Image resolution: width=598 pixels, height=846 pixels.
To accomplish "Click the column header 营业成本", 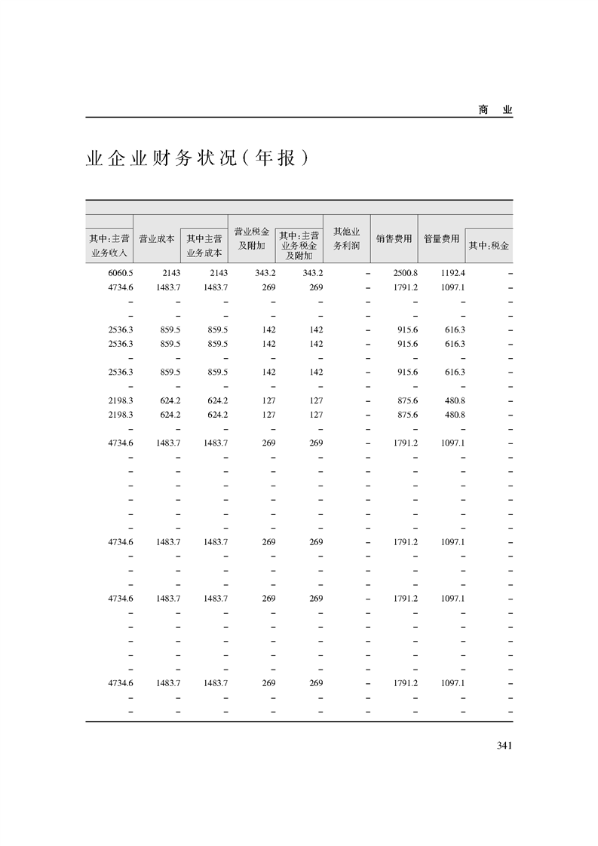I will point(157,238).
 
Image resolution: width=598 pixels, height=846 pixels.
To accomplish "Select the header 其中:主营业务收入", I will point(109,246).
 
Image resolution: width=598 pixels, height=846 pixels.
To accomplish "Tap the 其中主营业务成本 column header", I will point(204,246).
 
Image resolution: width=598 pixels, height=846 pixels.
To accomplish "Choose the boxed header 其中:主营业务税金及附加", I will point(299,245).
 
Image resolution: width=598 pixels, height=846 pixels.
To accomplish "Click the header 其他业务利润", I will point(346,238).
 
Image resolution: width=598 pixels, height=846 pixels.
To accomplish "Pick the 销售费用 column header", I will point(394,238).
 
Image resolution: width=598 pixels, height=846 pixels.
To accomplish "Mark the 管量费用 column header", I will point(441,238).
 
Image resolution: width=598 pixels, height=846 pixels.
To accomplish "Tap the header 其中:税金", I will point(489,246).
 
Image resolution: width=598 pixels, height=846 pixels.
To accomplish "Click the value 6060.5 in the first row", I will point(121,272).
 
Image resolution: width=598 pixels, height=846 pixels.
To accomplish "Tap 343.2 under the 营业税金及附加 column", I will point(264,272).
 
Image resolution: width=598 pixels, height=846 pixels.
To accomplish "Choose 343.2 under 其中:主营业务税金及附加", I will point(311,272).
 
